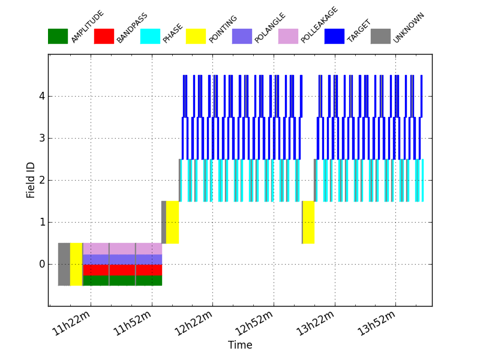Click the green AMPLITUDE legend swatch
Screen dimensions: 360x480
pos(58,36)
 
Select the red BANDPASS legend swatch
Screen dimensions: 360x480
pos(104,36)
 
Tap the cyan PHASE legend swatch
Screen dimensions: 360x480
pos(150,36)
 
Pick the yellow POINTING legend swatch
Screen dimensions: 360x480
pos(196,36)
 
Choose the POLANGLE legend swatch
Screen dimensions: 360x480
pos(242,36)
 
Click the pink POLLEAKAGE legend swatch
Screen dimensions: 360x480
pos(288,36)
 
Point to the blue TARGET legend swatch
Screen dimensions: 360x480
pos(334,36)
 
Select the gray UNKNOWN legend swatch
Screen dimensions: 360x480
pos(380,36)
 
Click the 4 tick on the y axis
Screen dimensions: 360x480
pos(41,97)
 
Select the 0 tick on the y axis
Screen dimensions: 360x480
pos(41,264)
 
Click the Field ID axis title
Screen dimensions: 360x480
pos(31,180)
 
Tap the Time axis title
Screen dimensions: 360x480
pos(240,346)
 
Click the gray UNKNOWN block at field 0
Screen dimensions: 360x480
pos(64,264)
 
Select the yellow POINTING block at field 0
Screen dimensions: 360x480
pos(76,264)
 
